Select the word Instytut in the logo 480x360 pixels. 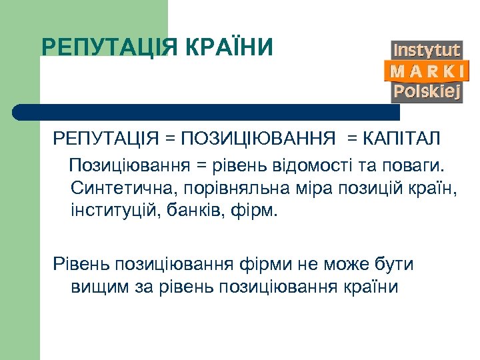427,50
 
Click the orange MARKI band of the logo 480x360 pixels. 427,71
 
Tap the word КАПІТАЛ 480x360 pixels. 402,140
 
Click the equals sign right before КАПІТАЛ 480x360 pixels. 351,140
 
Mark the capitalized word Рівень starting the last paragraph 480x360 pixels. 81,264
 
